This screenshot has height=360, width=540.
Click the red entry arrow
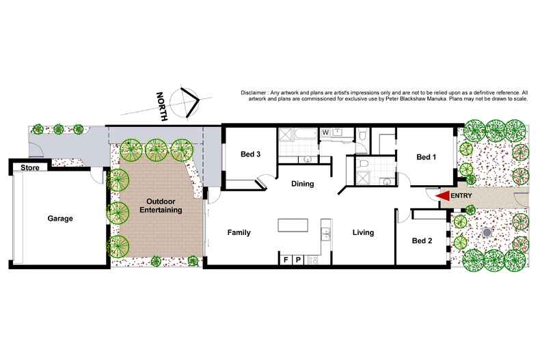pos(443,196)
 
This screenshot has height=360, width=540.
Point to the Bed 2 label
pos(422,240)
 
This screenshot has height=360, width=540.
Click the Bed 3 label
pos(251,154)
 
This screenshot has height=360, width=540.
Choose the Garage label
pos(60,219)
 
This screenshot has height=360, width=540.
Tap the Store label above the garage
pos(29,167)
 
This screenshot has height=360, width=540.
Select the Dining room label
pos(302,183)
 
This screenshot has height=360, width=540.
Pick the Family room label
pos(239,232)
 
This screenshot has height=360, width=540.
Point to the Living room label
pos(363,232)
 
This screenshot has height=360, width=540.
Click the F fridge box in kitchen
pos(286,260)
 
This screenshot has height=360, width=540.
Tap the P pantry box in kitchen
pos(299,260)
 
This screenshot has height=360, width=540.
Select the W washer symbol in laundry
pos(325,132)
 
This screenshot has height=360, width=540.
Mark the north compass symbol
pos(187,103)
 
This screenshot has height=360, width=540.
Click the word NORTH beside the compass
pos(162,107)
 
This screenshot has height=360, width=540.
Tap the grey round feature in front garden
pos(486,233)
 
